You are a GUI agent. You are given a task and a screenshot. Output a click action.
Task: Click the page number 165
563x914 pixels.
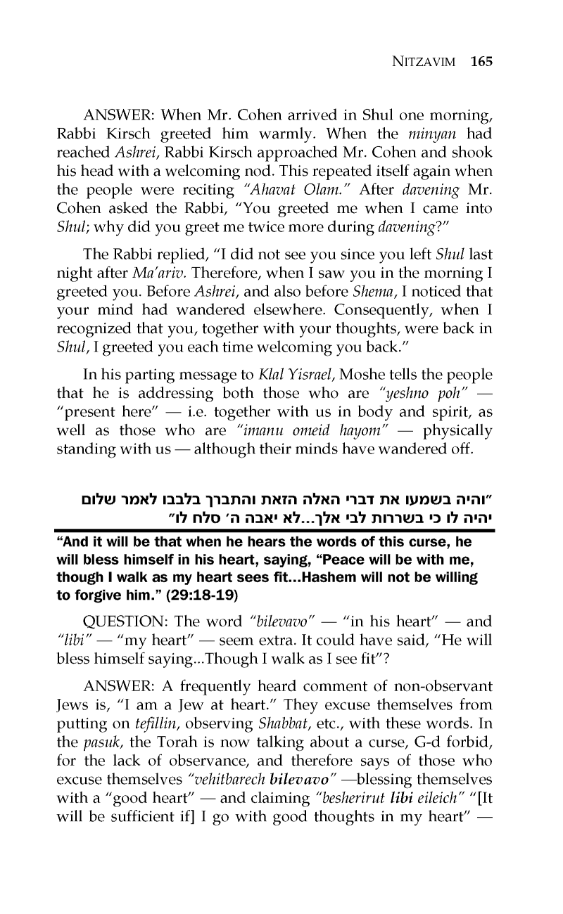point(482,61)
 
